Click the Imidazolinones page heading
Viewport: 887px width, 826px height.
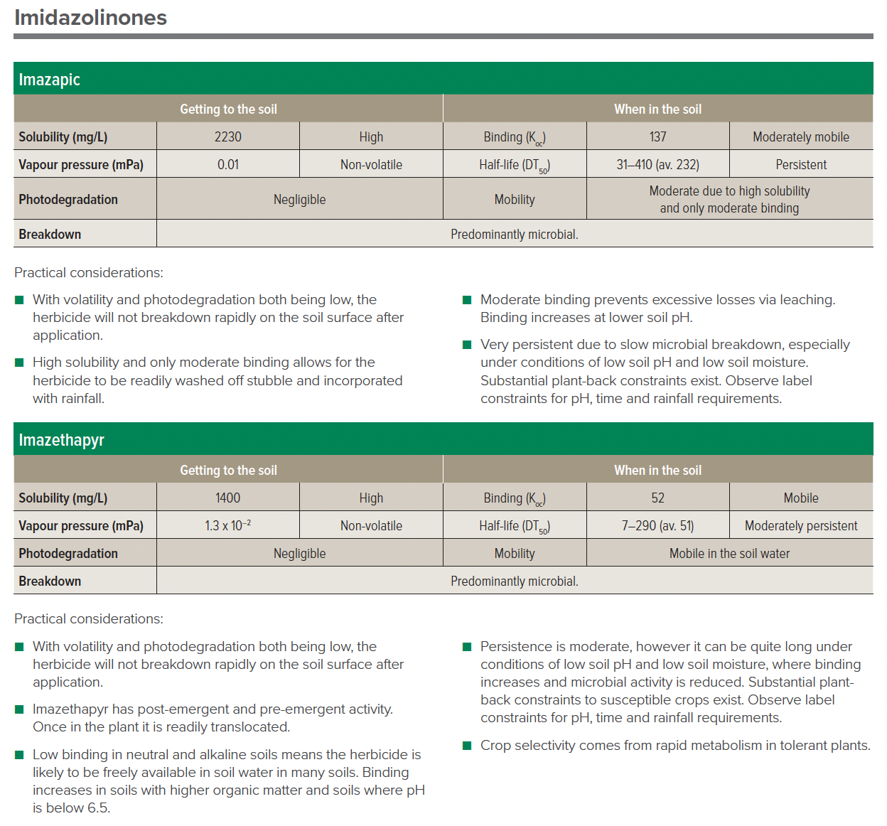point(90,18)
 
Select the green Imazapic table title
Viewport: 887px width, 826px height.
point(50,80)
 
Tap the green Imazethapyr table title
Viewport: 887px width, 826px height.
point(62,440)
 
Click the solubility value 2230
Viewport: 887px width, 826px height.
point(228,136)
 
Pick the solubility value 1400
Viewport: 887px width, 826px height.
point(228,498)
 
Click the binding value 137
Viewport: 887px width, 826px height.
point(657,136)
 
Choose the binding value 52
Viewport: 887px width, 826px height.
point(657,498)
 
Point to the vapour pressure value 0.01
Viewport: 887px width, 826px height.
point(228,164)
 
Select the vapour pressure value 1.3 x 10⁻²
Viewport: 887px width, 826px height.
point(228,525)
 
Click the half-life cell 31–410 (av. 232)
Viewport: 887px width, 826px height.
point(657,164)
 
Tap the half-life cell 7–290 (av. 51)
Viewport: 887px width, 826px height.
point(657,525)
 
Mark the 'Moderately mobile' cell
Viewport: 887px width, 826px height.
point(801,136)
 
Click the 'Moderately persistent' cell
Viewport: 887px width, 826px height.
point(801,525)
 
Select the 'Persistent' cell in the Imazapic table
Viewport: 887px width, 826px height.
point(801,164)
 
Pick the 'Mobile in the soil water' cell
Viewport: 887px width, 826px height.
point(729,553)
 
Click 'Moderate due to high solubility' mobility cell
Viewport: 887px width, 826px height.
point(729,199)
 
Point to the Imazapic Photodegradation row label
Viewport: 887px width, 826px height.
point(68,199)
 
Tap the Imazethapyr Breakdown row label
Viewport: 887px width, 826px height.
point(50,581)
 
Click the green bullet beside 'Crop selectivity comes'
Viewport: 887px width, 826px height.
point(467,746)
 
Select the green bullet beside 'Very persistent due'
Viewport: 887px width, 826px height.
point(467,345)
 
